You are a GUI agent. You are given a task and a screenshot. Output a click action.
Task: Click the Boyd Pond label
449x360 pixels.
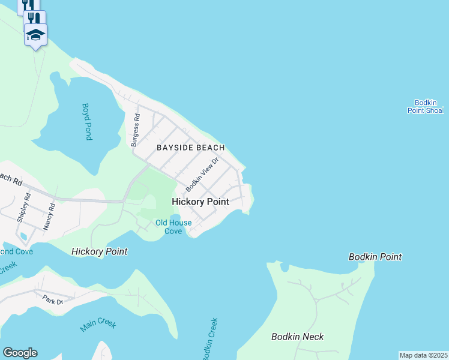(87, 122)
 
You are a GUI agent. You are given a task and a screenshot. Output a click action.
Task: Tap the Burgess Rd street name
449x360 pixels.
(135, 131)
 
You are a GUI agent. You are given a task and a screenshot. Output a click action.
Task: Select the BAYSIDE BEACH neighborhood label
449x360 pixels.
(191, 148)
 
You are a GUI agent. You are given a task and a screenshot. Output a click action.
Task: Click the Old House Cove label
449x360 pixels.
(173, 227)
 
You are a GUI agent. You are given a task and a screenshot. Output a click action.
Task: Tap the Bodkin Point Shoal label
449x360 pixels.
(426, 107)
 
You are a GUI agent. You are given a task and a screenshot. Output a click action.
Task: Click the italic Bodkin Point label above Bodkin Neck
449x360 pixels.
(375, 257)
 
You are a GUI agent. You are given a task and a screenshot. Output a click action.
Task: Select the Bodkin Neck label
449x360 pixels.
(298, 337)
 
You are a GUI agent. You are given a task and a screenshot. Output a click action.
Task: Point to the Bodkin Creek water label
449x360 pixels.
(209, 339)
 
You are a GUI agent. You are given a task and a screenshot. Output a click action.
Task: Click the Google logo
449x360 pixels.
(20, 353)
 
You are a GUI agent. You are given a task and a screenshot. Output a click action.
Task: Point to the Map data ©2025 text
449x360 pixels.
(423, 355)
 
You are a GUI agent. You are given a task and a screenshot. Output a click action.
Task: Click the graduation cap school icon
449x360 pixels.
(35, 35)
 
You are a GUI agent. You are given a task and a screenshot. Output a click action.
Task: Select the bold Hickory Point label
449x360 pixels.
(200, 202)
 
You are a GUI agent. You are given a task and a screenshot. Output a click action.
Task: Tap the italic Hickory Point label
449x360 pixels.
(99, 251)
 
